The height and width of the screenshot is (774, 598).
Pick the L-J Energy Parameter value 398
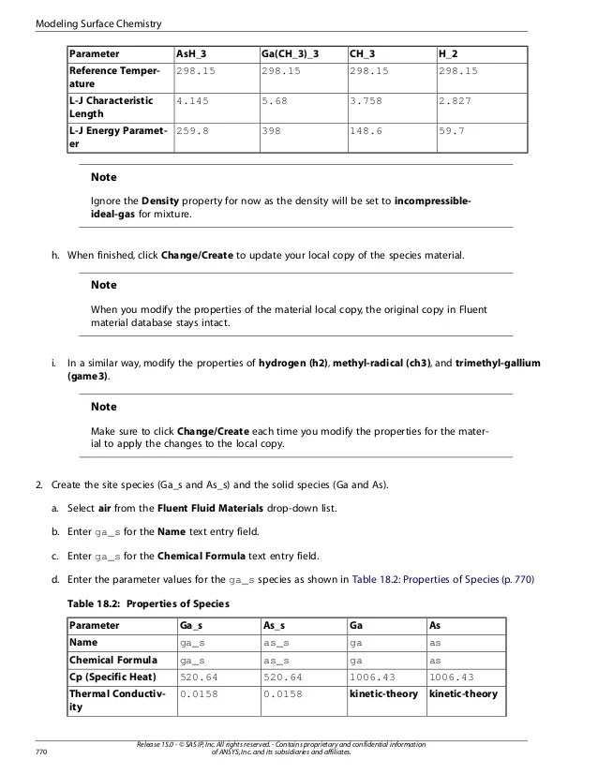coord(272,132)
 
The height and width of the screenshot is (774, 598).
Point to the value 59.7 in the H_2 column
coord(452,132)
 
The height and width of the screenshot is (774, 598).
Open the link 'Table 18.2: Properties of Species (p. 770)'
coord(442,579)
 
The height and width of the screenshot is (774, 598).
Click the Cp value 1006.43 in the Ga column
coord(373,677)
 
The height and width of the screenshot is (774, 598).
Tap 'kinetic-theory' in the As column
coord(463,694)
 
